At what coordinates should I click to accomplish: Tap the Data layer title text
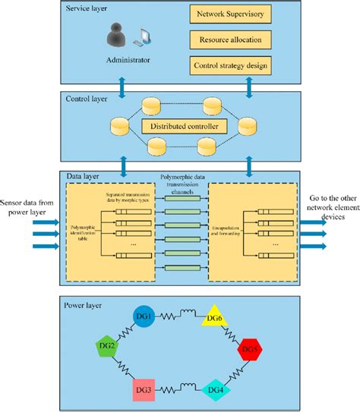click(x=81, y=176)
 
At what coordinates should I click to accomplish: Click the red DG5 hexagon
click(x=250, y=351)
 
